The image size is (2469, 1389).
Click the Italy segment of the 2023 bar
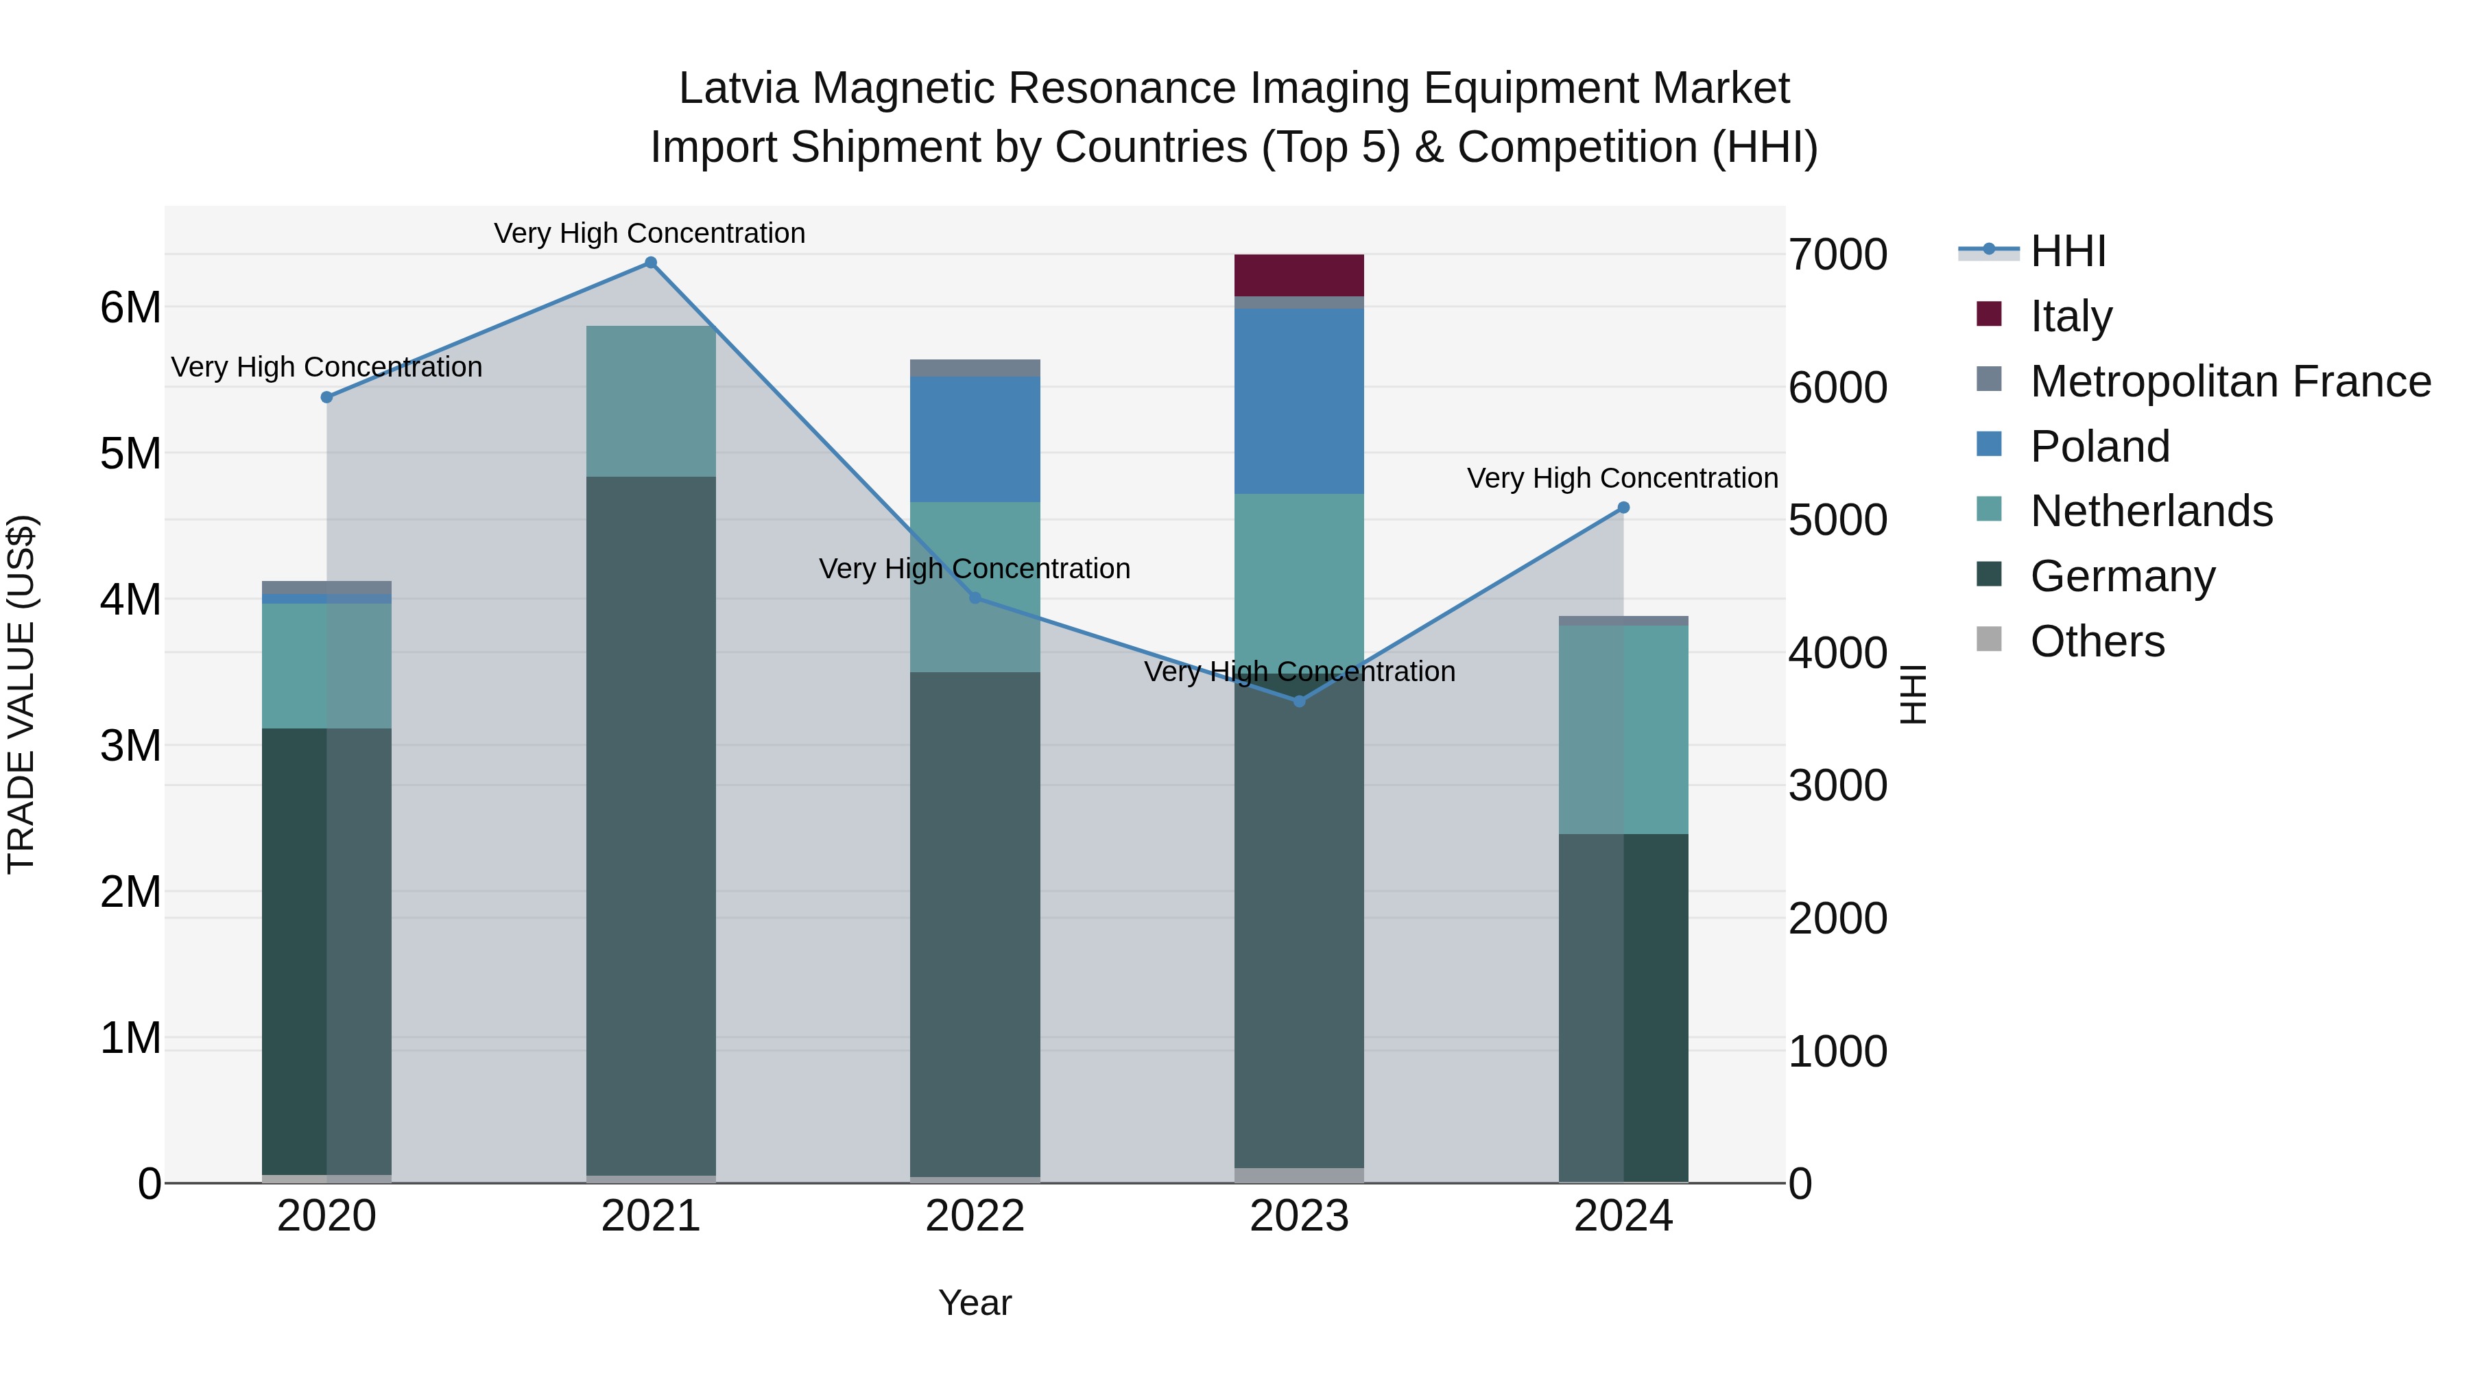(1299, 275)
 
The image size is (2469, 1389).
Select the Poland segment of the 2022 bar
(975, 439)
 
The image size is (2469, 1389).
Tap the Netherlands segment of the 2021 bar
(651, 401)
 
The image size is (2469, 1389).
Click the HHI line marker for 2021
(651, 263)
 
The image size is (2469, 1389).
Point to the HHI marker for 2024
(1623, 508)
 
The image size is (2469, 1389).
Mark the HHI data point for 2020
(327, 397)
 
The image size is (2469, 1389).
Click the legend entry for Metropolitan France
(2230, 381)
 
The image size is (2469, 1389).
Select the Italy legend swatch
(1989, 314)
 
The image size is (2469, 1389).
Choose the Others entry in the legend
(2097, 641)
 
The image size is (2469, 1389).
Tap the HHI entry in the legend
(2067, 251)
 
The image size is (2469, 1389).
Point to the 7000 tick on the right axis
(1837, 255)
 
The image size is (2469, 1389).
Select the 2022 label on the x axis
(975, 1216)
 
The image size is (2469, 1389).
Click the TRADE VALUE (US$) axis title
(21, 694)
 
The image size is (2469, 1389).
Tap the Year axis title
(975, 1303)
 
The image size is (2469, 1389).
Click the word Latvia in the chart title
(738, 88)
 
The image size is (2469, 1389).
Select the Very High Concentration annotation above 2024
(1622, 477)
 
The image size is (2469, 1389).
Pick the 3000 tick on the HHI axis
(1837, 786)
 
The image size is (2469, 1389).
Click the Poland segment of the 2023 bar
(1299, 401)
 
